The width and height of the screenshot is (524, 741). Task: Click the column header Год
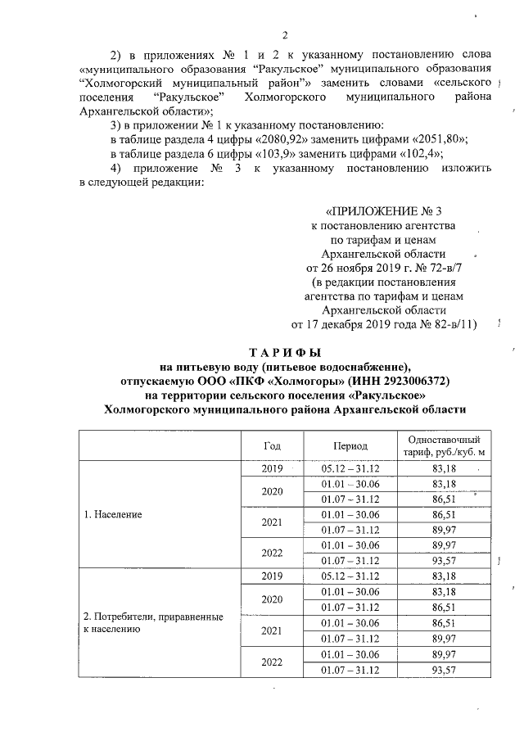[x=272, y=445]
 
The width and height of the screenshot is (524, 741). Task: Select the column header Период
[x=350, y=445]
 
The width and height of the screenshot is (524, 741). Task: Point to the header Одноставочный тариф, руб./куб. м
[x=443, y=445]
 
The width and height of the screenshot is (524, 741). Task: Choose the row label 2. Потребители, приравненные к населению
[x=153, y=623]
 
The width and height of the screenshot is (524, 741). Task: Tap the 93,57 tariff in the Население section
[x=443, y=560]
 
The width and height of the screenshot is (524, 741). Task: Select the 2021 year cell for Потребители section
[x=272, y=631]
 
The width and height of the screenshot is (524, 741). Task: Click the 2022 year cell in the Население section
[x=272, y=553]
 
